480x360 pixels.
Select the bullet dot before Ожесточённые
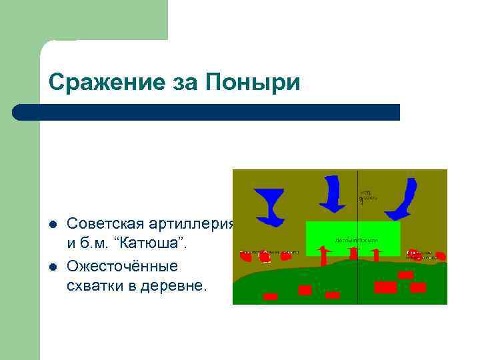coord(53,267)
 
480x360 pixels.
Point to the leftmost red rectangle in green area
coord(270,297)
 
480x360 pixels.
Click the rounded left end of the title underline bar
coord(19,112)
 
